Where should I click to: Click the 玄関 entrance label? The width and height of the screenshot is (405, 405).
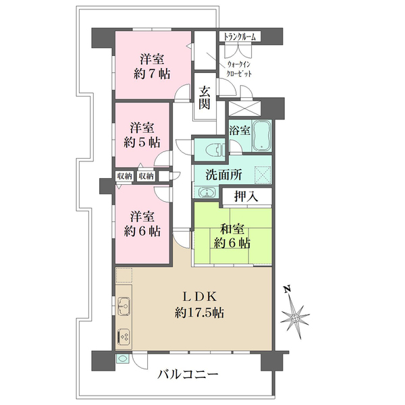(x=205, y=98)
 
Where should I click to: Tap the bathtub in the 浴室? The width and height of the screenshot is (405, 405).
(x=262, y=136)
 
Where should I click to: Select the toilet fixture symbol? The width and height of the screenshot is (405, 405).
(x=215, y=150)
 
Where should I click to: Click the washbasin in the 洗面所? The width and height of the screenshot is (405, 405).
(x=207, y=192)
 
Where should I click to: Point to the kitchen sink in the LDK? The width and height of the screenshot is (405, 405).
(x=124, y=306)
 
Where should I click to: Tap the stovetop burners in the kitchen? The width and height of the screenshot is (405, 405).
(x=124, y=336)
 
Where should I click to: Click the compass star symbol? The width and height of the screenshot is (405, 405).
(x=295, y=317)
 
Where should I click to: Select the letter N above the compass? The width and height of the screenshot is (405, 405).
(x=287, y=289)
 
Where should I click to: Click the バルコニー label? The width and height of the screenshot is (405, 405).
(x=188, y=374)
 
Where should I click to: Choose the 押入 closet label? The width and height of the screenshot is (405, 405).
(x=246, y=197)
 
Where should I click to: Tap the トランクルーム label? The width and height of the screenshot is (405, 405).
(x=240, y=36)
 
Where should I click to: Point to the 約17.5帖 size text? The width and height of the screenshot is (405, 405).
(x=199, y=313)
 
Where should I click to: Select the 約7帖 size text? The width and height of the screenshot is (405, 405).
(x=152, y=74)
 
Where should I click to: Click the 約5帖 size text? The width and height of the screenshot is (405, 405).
(x=142, y=142)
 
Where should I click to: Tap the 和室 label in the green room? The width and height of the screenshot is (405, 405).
(x=232, y=229)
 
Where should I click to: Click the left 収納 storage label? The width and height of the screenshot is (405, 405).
(x=125, y=176)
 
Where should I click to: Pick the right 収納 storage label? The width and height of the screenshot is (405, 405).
(x=146, y=176)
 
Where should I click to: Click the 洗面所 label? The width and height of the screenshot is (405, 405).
(x=223, y=175)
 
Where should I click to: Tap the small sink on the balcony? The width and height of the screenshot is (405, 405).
(x=122, y=359)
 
